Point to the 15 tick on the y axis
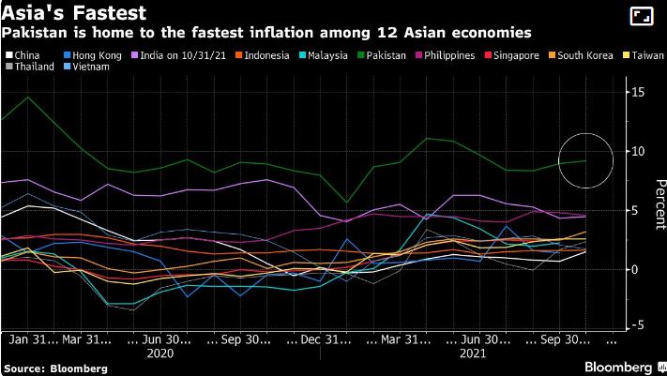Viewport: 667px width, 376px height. point(638,91)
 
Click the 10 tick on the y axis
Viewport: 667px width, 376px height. point(638,151)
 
